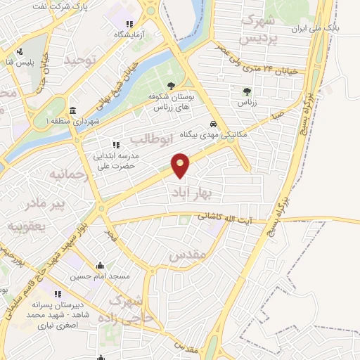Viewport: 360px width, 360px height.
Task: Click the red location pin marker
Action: click(181, 165)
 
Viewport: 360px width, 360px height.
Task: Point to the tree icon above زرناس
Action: click(246, 91)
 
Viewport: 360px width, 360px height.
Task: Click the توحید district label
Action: click(79, 61)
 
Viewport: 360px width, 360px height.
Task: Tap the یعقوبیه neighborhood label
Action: click(27, 227)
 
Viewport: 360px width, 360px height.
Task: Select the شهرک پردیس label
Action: click(260, 30)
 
